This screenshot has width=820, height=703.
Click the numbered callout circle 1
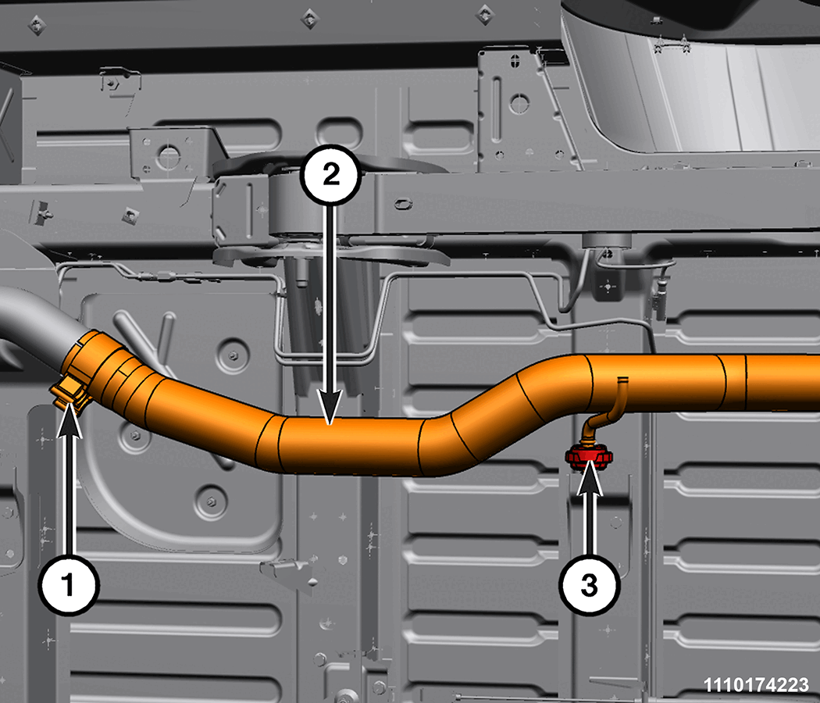point(69,584)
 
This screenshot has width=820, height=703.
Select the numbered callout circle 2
point(331,175)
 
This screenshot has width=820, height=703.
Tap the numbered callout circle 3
point(590,585)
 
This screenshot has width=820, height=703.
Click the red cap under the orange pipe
point(589,456)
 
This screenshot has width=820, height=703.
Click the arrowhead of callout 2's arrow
point(330,408)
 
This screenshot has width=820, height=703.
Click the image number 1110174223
point(756,685)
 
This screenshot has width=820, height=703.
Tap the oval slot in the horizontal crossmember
point(402,203)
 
